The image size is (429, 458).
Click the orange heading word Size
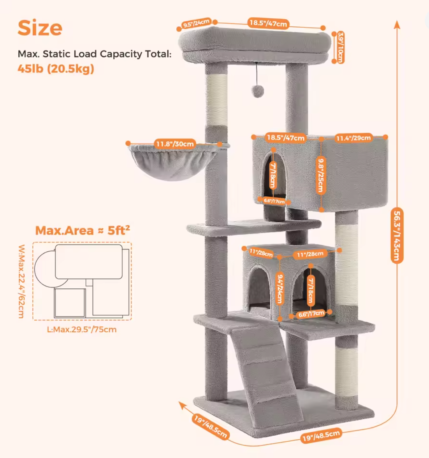point(40,28)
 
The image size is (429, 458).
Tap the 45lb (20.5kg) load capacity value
point(56,68)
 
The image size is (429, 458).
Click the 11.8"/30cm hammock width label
point(175,144)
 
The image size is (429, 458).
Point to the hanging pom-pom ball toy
point(257,91)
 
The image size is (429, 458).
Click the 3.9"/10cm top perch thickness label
point(341,47)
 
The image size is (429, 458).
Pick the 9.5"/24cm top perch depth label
point(196,23)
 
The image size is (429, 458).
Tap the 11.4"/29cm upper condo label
point(353,138)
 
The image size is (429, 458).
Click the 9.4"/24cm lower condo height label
point(280,289)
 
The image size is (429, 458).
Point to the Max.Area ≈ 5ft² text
point(83,230)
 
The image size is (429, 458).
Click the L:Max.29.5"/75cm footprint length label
point(82,330)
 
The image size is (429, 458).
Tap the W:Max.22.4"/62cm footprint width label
point(21,281)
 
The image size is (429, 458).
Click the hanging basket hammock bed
point(174,161)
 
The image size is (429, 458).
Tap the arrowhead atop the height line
point(397,25)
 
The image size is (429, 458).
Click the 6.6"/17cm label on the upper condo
point(274,201)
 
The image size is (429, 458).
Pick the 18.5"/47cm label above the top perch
point(268,23)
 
